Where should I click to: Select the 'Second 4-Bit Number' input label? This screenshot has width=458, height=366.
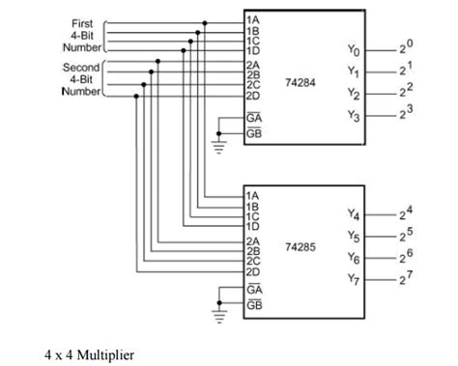(x=80, y=79)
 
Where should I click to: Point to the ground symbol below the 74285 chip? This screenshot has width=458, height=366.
(x=217, y=314)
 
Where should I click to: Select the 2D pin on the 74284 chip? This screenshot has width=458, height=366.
(x=252, y=96)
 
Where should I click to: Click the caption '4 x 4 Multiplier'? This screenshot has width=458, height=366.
(x=90, y=354)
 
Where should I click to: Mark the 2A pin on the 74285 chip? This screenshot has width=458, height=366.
(x=252, y=240)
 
